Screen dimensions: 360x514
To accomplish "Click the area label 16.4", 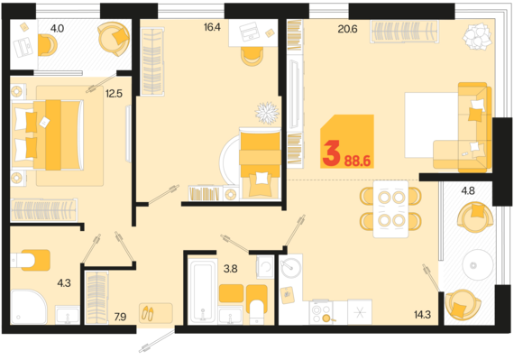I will (212, 28).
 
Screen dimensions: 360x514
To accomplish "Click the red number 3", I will (331, 155).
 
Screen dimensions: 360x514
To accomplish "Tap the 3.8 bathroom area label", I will (231, 268).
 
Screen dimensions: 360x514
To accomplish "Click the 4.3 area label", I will (63, 282).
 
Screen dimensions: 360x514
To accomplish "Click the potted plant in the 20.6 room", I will (475, 37).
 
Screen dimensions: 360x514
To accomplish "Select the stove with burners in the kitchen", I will (323, 310).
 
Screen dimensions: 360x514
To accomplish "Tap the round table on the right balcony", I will (473, 263).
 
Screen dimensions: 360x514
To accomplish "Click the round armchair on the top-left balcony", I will (114, 36).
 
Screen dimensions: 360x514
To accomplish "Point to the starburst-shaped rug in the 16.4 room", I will (267, 114).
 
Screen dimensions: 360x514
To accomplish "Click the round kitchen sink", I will (289, 268).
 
